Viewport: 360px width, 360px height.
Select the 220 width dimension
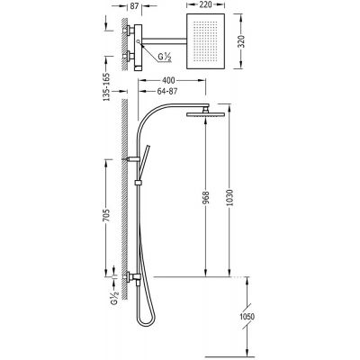pyautogui.click(x=206, y=4)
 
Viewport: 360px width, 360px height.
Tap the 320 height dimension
pyautogui.click(x=242, y=41)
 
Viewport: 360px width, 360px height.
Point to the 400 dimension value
pyautogui.click(x=168, y=81)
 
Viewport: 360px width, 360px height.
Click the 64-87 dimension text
pyautogui.click(x=167, y=91)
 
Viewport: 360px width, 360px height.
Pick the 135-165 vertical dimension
pyautogui.click(x=107, y=87)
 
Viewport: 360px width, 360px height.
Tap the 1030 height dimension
pyautogui.click(x=229, y=198)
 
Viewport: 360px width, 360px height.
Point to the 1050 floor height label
pyautogui.click(x=247, y=317)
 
